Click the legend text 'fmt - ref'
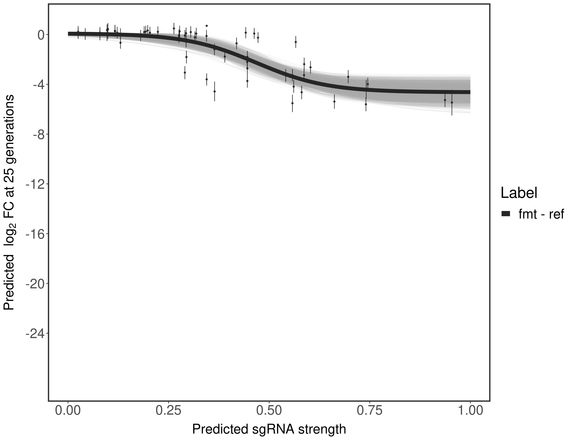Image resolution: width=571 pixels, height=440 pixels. (541, 214)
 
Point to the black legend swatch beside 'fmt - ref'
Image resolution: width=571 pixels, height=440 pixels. (506, 214)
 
